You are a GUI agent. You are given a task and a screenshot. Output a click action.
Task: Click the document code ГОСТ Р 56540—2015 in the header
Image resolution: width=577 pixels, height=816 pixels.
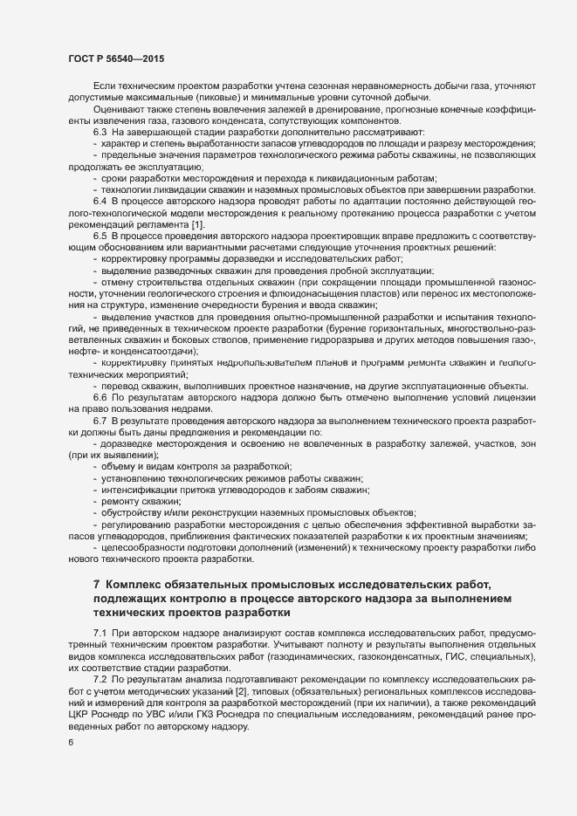coord(115,58)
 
